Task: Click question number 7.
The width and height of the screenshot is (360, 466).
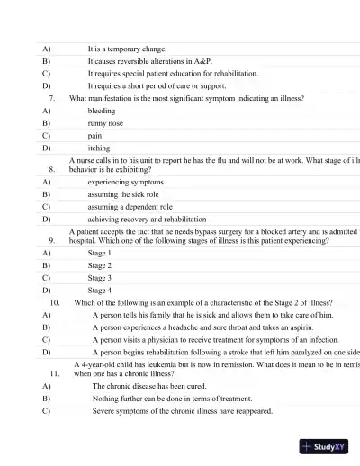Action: point(54,97)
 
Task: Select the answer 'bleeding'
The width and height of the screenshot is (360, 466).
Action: point(101,111)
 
